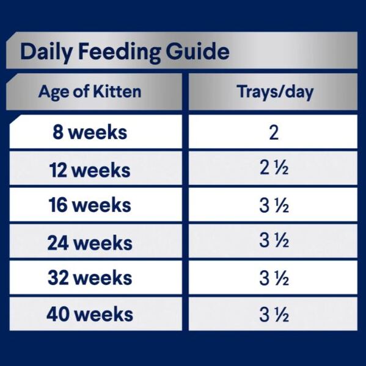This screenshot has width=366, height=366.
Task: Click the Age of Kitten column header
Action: point(90,92)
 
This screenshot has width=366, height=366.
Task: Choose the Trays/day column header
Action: point(275,92)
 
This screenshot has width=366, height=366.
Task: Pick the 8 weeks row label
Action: point(90,132)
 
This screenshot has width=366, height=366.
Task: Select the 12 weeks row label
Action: point(90,170)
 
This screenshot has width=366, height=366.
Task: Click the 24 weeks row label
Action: point(90,243)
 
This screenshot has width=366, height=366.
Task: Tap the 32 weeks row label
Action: point(90,278)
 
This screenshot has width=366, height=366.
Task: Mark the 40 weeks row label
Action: point(90,314)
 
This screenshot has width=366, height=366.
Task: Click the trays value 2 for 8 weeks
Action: point(274,132)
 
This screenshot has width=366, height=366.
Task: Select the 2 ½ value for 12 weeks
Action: point(274,168)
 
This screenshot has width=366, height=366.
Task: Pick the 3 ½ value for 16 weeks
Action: point(274,206)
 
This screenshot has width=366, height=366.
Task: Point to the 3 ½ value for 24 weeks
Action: point(274,240)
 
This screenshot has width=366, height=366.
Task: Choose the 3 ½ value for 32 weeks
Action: point(274,278)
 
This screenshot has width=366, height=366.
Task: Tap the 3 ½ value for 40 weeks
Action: point(274,315)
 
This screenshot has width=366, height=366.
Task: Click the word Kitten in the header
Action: point(117,91)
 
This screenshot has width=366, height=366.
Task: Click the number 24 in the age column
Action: point(58,243)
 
